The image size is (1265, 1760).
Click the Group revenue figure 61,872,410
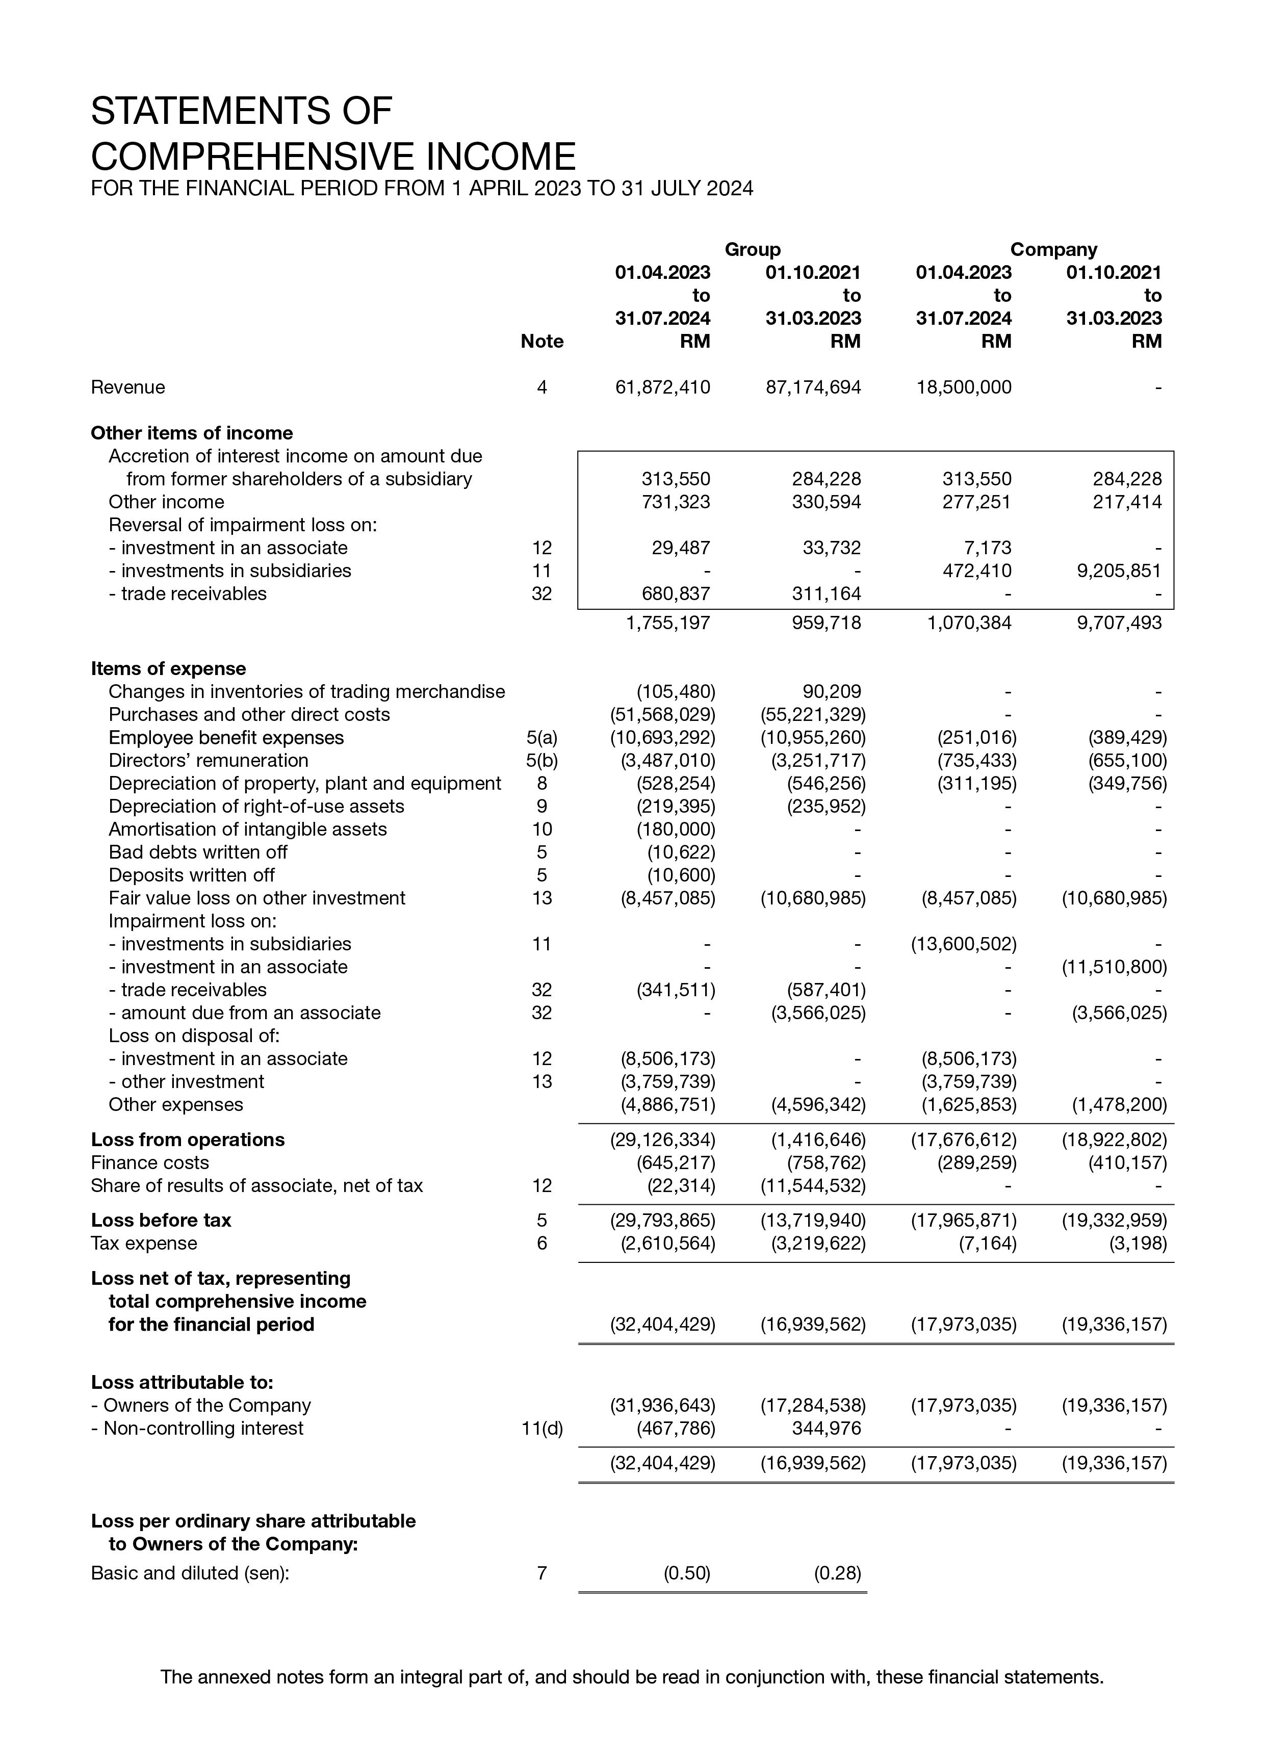click(662, 387)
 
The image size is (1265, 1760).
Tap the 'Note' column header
click(541, 342)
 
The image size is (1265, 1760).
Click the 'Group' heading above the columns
click(752, 249)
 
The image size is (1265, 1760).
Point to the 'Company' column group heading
click(1053, 249)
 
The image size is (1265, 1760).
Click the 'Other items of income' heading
click(192, 433)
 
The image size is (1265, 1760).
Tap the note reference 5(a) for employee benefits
click(541, 737)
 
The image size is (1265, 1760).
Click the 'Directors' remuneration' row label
click(208, 761)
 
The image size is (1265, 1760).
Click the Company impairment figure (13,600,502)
click(963, 944)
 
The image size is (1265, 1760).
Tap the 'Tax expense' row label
click(144, 1243)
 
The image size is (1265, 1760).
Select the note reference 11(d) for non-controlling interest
click(541, 1428)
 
